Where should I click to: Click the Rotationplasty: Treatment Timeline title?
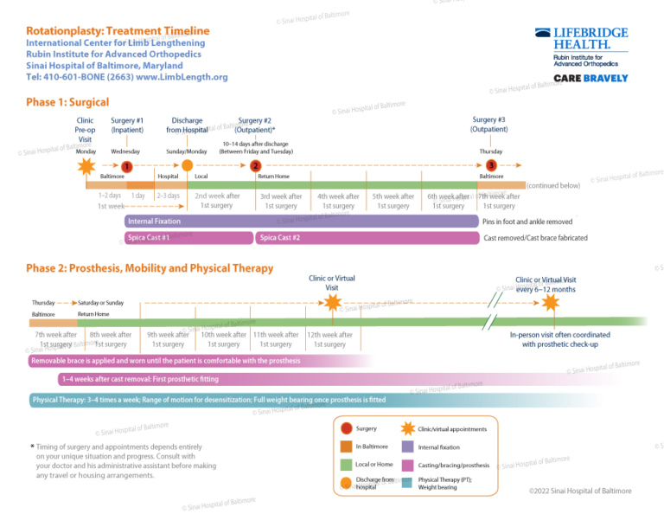118,30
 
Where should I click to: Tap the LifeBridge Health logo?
580,38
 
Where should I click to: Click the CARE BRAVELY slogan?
591,78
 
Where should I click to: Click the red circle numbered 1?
126,166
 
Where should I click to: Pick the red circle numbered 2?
255,166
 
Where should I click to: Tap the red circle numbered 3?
491,165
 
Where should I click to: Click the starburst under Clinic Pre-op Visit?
86,165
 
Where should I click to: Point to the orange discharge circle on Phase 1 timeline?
188,165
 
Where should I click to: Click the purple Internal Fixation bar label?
154,222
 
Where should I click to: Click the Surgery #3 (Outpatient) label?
489,125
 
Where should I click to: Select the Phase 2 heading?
150,268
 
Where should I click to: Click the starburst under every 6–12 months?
551,302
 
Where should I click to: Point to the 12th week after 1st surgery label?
329,339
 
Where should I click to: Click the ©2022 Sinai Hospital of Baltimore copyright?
579,492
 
